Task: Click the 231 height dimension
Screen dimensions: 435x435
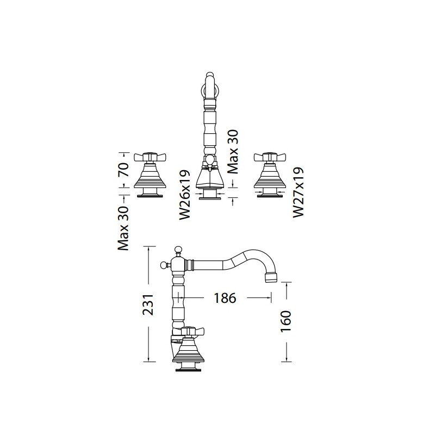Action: pos(148,304)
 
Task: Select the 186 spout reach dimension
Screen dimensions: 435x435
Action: pos(225,298)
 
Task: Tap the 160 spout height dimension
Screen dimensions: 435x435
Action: pos(285,321)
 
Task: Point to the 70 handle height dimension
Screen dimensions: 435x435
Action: pos(124,170)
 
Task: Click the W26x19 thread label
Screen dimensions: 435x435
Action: pos(185,195)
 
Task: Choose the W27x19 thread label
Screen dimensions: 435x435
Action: pos(299,192)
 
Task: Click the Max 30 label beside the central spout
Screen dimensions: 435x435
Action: pos(233,152)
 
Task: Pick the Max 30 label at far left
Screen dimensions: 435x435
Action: pos(123,228)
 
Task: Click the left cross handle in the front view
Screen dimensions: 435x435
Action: pos(150,157)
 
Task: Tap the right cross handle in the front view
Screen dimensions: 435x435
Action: pos(270,157)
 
